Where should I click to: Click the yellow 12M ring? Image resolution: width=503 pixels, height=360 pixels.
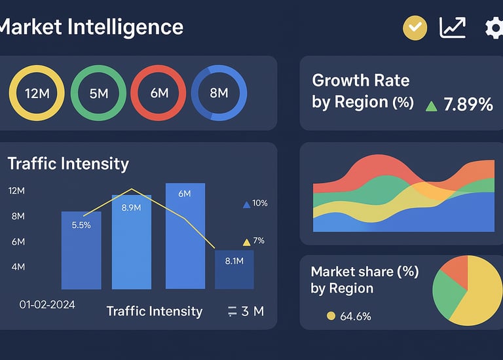(x=37, y=93)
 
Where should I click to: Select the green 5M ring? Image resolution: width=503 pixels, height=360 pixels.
(x=98, y=93)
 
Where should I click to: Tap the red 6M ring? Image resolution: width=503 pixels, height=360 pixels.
(x=158, y=93)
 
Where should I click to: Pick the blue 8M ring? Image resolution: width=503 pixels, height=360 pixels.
(x=219, y=93)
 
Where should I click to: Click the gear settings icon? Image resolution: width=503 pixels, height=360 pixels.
(x=494, y=28)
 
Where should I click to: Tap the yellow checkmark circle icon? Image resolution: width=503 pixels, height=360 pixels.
(x=414, y=27)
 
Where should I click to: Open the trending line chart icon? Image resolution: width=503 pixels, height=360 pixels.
(x=453, y=27)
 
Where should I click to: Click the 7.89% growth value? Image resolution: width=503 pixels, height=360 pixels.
(x=468, y=104)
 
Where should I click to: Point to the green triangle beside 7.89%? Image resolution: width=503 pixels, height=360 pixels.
(x=431, y=105)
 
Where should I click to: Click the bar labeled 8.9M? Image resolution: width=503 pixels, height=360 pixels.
(x=132, y=242)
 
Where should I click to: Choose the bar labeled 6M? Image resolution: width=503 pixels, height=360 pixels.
(x=185, y=236)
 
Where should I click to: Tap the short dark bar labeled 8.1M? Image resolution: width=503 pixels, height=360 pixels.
(x=234, y=269)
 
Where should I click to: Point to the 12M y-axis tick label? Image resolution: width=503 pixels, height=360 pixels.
(x=16, y=190)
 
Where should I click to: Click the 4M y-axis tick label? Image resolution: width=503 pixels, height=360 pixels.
(x=18, y=266)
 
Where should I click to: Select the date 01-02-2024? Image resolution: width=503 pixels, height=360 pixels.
(x=47, y=304)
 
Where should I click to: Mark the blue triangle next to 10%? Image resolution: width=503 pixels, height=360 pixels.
(x=246, y=204)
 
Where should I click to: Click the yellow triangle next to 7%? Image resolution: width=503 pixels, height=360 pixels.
(x=246, y=242)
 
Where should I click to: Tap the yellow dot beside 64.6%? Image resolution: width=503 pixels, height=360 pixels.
(x=331, y=316)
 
